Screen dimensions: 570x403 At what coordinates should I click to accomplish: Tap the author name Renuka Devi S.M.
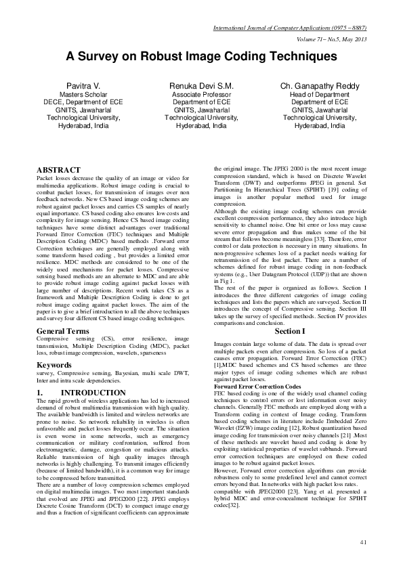pos(201,87)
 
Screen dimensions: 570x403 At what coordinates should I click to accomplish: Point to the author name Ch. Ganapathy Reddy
pos(320,87)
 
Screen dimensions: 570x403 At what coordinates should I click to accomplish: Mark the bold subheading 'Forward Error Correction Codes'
pos(257,386)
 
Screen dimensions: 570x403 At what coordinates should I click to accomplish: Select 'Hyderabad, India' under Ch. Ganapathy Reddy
pos(320,125)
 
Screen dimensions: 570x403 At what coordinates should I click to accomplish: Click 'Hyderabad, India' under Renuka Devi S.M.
pos(201,125)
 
